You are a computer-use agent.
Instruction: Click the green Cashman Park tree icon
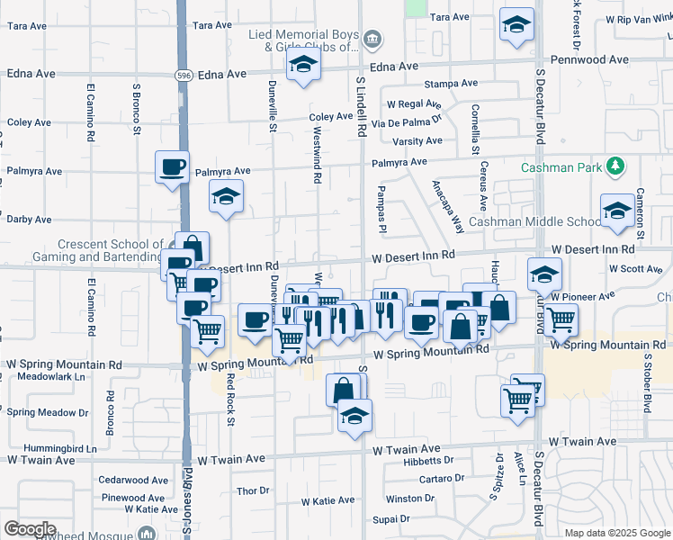tap(615, 166)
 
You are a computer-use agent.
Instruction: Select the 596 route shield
tap(184, 75)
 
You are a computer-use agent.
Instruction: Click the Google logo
tap(30, 529)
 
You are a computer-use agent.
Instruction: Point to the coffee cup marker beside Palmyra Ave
tap(172, 166)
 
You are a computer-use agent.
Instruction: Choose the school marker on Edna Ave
tap(304, 65)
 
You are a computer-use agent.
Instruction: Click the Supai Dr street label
tap(391, 518)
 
